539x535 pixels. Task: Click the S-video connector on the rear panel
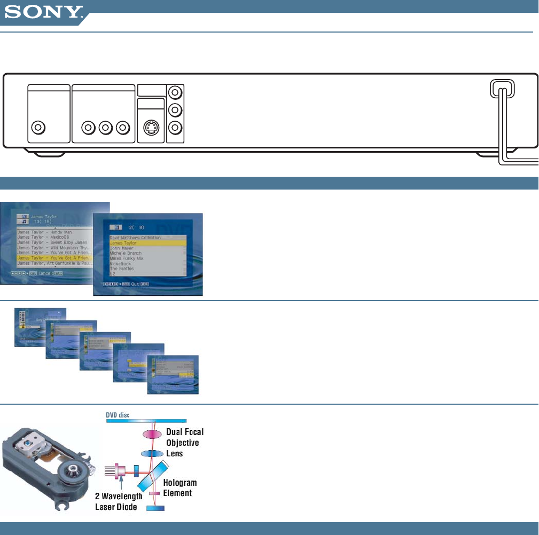click(151, 128)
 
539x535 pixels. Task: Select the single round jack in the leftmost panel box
click(38, 128)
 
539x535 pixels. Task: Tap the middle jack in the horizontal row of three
click(106, 128)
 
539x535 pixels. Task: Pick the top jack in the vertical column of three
click(174, 92)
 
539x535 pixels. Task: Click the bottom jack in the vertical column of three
click(174, 128)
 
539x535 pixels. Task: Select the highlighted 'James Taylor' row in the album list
click(147, 243)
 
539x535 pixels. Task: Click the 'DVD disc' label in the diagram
click(119, 414)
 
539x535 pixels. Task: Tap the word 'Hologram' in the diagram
click(179, 483)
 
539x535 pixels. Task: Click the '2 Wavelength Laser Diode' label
click(119, 501)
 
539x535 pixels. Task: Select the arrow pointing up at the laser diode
click(122, 483)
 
